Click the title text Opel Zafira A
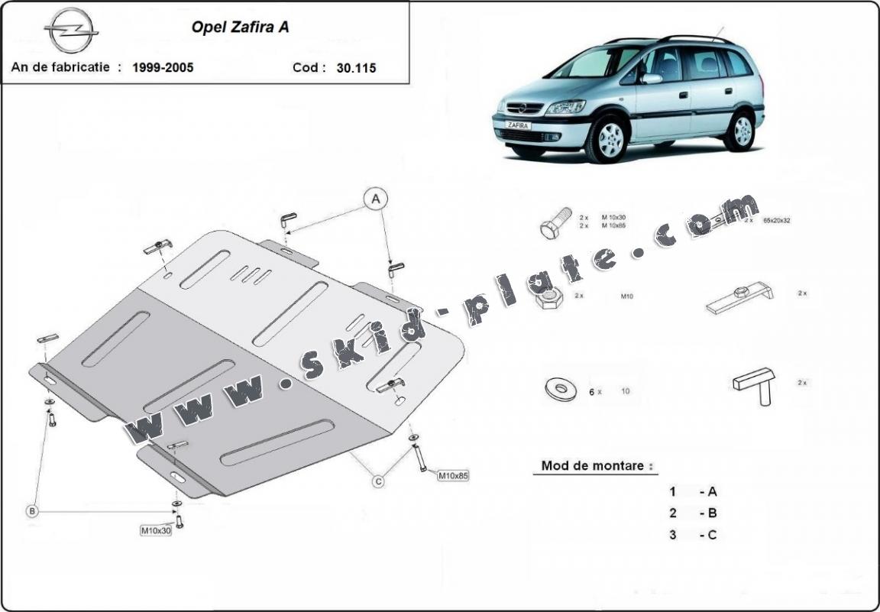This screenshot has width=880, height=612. (x=239, y=28)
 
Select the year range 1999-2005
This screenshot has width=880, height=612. (x=163, y=67)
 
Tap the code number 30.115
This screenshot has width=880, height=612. (x=356, y=67)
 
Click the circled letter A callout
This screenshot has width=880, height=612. (x=375, y=199)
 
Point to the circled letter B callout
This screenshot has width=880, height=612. (x=32, y=510)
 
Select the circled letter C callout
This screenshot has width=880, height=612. (x=378, y=481)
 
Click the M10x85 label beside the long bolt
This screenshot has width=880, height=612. (x=452, y=475)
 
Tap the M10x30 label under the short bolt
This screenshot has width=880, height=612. (x=156, y=530)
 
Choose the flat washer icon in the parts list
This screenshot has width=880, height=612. (x=561, y=390)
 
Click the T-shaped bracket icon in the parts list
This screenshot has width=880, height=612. (x=755, y=384)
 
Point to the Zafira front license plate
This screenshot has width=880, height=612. (x=518, y=125)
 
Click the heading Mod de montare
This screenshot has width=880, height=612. (x=597, y=465)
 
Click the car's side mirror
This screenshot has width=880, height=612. (x=651, y=78)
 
